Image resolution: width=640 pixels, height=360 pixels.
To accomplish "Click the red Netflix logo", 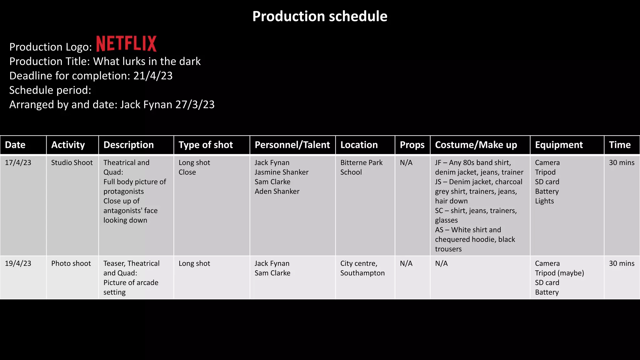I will click(x=126, y=43).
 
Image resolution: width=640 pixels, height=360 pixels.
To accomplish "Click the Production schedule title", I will click(x=320, y=16).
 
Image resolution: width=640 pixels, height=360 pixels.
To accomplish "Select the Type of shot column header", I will click(x=206, y=145).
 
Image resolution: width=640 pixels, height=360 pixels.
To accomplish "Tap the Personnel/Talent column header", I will click(x=292, y=145).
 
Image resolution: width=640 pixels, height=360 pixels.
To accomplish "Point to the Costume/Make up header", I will click(x=476, y=145).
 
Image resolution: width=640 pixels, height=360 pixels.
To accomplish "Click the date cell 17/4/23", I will click(x=18, y=163).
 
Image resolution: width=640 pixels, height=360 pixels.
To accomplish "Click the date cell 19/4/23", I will click(x=18, y=263).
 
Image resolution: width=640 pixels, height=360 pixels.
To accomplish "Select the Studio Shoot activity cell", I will click(x=72, y=163).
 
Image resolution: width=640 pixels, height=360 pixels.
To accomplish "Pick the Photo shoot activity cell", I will click(x=71, y=263).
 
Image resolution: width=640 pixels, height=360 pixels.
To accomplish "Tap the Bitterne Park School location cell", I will click(x=361, y=167).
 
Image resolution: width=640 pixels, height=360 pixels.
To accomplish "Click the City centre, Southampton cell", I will click(x=362, y=268).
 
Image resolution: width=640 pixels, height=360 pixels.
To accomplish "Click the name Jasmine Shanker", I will click(x=281, y=172).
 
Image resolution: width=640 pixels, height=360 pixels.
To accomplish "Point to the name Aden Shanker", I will click(x=277, y=192).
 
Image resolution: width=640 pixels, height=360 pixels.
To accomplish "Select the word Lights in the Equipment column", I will click(x=544, y=201).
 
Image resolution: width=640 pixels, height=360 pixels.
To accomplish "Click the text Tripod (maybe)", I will click(x=559, y=273).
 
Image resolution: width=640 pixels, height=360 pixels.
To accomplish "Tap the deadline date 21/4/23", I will click(x=153, y=76).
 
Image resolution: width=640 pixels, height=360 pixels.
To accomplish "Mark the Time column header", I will click(x=620, y=145).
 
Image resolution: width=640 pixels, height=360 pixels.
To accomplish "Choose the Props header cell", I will click(x=412, y=145).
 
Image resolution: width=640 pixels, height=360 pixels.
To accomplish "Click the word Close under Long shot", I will click(x=187, y=172).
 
